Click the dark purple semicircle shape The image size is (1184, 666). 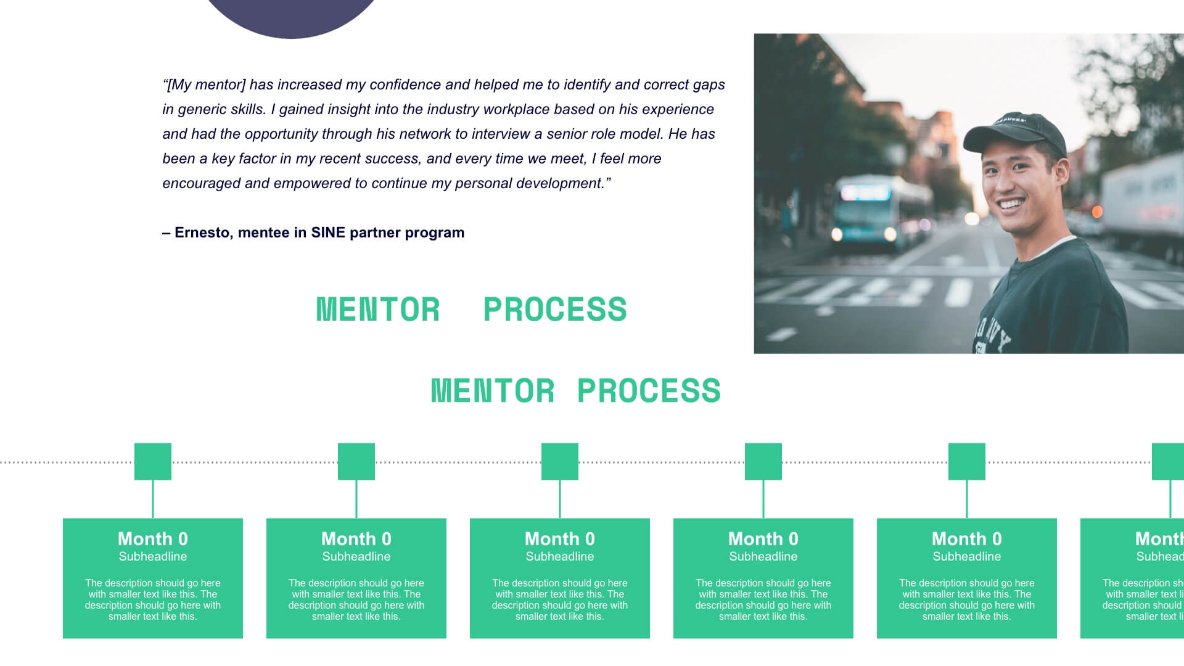coord(292,15)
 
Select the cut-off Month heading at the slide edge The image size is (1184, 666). coord(1159,539)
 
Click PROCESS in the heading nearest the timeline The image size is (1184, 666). coord(649,391)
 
